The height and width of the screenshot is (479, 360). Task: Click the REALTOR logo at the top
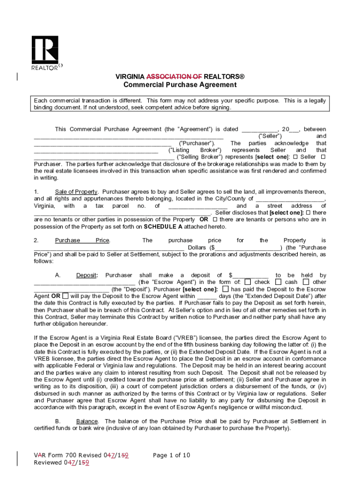pyautogui.click(x=45, y=52)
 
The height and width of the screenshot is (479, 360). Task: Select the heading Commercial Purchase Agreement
pyautogui.click(x=180, y=85)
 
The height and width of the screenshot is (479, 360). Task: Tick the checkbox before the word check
pyautogui.click(x=248, y=282)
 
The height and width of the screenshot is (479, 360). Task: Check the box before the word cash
pyautogui.click(x=278, y=282)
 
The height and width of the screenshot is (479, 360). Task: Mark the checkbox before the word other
pyautogui.click(x=306, y=282)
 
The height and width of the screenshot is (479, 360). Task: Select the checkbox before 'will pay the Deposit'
pyautogui.click(x=65, y=296)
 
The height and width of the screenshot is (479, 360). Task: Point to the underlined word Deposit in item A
pyautogui.click(x=86, y=276)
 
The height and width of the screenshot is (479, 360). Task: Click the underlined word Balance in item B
pyautogui.click(x=87, y=421)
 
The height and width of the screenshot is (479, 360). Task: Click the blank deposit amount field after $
pyautogui.click(x=251, y=276)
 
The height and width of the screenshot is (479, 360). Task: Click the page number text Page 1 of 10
pyautogui.click(x=172, y=455)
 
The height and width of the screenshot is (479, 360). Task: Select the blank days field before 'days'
pyautogui.click(x=207, y=296)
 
